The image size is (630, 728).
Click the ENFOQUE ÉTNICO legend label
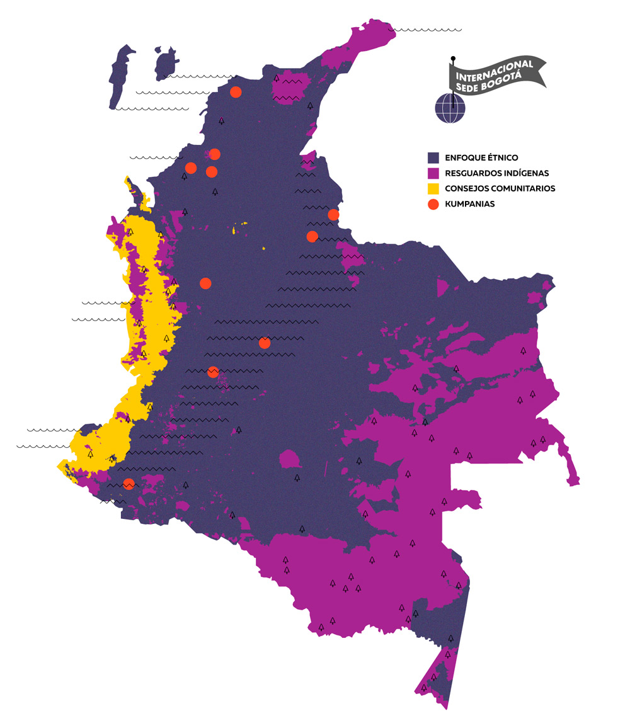(481, 157)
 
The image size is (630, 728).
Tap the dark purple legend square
(433, 157)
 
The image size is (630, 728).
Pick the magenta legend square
(433, 173)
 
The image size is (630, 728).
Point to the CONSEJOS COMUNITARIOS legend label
(500, 188)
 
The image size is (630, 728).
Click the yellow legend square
(433, 188)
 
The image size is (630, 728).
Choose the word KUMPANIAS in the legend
(469, 204)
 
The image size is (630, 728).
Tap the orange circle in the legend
(433, 204)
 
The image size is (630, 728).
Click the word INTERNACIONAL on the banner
(495, 67)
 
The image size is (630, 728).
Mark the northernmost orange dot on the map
(236, 92)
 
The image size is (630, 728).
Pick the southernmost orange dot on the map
(129, 484)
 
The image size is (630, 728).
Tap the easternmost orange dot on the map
(333, 215)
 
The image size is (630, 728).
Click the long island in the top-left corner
(120, 76)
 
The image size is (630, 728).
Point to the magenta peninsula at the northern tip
(365, 41)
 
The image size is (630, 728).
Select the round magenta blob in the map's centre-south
(290, 458)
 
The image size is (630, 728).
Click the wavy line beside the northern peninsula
(425, 30)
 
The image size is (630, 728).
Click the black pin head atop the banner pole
(452, 59)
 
